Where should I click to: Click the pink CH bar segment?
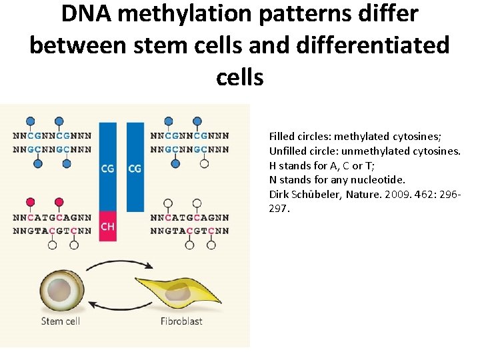[x=108, y=226]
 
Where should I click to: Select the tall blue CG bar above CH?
[x=108, y=167]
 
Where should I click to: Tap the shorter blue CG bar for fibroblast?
[x=135, y=167]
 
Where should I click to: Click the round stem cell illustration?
[x=62, y=290]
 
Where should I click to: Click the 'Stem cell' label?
[x=61, y=321]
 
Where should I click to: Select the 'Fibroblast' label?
[x=181, y=321]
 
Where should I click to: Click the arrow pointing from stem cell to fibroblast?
[x=120, y=261]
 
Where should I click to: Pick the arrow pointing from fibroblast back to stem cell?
[x=119, y=307]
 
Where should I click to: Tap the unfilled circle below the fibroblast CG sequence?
[x=204, y=163]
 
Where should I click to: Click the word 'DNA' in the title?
[x=87, y=14]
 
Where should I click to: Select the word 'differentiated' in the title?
[x=373, y=45]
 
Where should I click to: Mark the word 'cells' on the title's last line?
[x=240, y=77]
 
